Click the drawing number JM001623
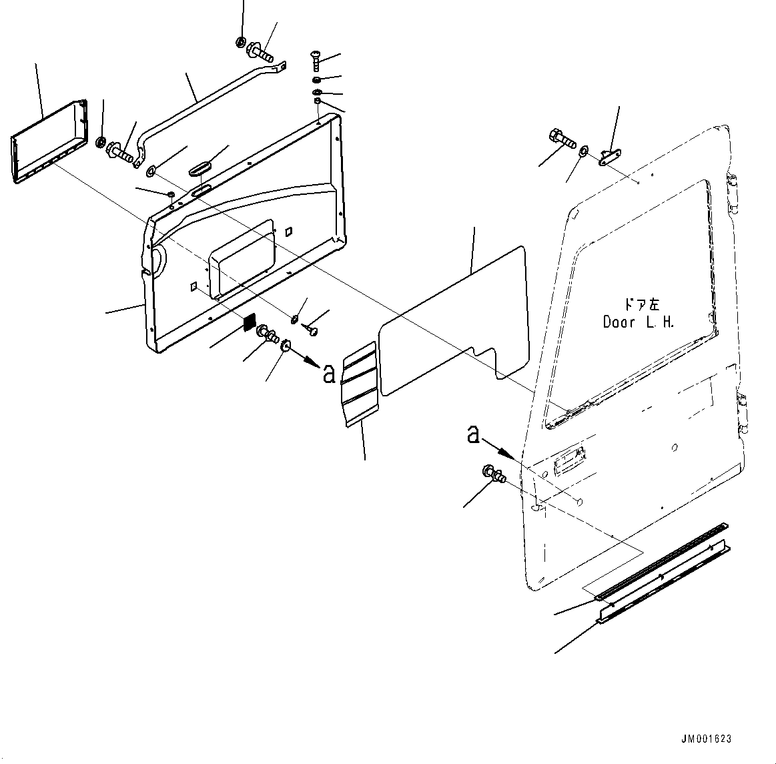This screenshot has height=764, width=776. [706, 739]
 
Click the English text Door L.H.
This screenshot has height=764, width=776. [639, 322]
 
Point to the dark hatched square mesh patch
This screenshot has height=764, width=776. [249, 322]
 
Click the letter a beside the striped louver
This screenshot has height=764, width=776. [328, 374]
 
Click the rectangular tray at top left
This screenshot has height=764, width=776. [49, 142]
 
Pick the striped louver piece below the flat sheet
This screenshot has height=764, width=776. [360, 384]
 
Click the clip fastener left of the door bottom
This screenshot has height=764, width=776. [494, 474]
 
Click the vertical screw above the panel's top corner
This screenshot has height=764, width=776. [316, 63]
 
